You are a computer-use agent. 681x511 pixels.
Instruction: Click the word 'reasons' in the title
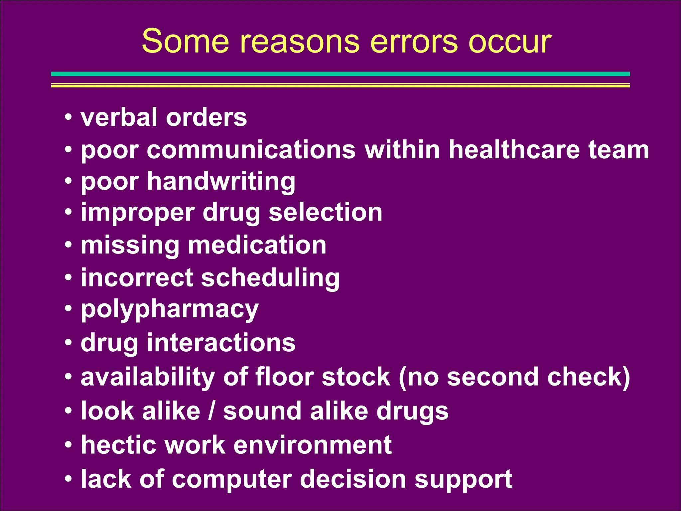(300, 41)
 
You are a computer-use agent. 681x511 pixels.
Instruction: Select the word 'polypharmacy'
(170, 310)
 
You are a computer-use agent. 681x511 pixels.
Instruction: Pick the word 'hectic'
(118, 445)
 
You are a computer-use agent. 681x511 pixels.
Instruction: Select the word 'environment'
(312, 445)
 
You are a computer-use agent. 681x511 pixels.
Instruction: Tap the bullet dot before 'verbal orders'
(68, 117)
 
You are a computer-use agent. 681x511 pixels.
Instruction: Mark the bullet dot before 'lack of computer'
(68, 479)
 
